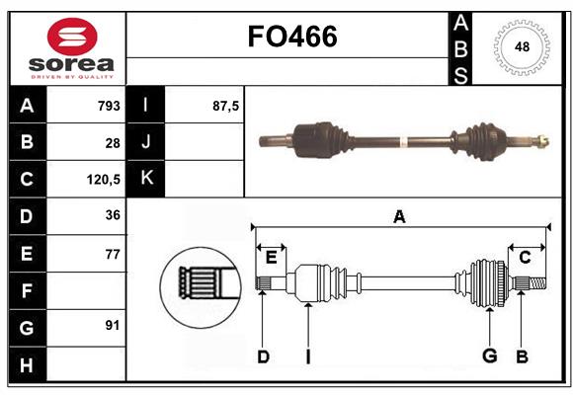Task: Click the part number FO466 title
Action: (291, 37)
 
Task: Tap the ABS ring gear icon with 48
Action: (520, 47)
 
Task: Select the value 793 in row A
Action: (109, 106)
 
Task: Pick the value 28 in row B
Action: (113, 142)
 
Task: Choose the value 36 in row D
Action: (113, 215)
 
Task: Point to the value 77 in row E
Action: (113, 253)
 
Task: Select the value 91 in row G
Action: (113, 325)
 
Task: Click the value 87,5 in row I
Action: (226, 106)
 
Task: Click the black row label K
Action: (146, 179)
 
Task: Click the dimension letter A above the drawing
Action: (399, 217)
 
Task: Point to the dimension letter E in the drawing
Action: (271, 258)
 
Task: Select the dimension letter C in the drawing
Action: (526, 258)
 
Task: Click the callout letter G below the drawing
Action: (489, 356)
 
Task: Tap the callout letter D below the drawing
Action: (263, 356)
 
